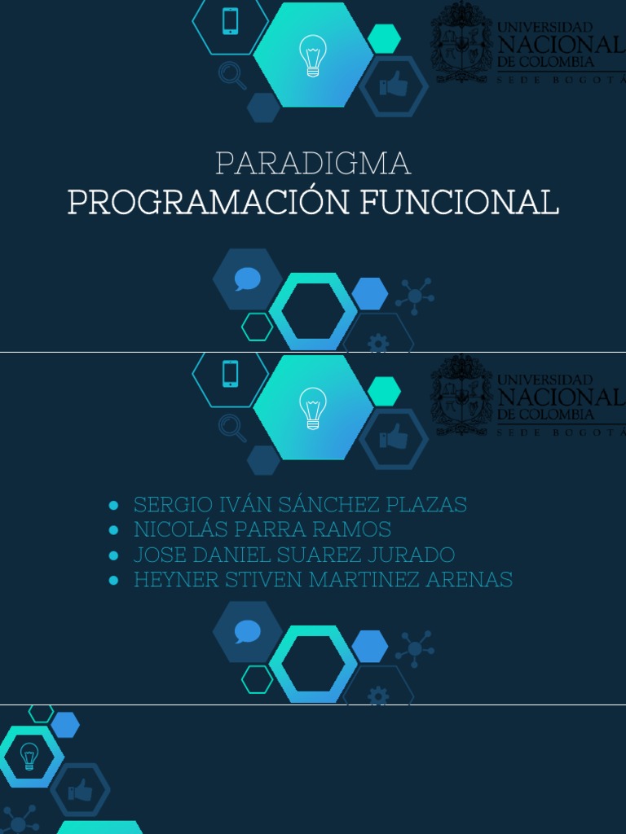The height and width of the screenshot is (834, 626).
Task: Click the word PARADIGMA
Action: [x=313, y=164]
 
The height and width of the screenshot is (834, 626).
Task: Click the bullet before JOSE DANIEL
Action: [x=114, y=556]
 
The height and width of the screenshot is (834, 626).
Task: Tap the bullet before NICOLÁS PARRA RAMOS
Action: [x=114, y=531]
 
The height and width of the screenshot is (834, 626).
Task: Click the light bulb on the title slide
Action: [x=313, y=55]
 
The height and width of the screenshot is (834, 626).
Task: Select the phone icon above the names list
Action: [x=231, y=373]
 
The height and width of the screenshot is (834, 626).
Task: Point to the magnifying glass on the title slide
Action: [x=231, y=76]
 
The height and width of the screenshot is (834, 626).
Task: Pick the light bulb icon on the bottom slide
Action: [x=29, y=756]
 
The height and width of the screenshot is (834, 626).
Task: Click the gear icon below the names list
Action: [x=378, y=696]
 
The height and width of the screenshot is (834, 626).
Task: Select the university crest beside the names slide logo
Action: [x=461, y=396]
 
